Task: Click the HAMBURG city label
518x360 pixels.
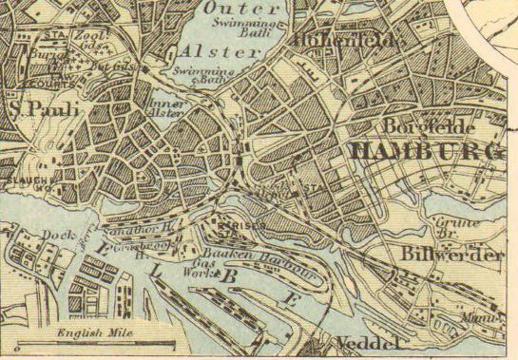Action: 425,152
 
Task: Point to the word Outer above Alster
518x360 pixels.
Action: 231,8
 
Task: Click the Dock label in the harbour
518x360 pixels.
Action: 57,235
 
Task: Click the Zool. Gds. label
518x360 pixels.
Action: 88,39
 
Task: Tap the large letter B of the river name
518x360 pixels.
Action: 228,276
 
